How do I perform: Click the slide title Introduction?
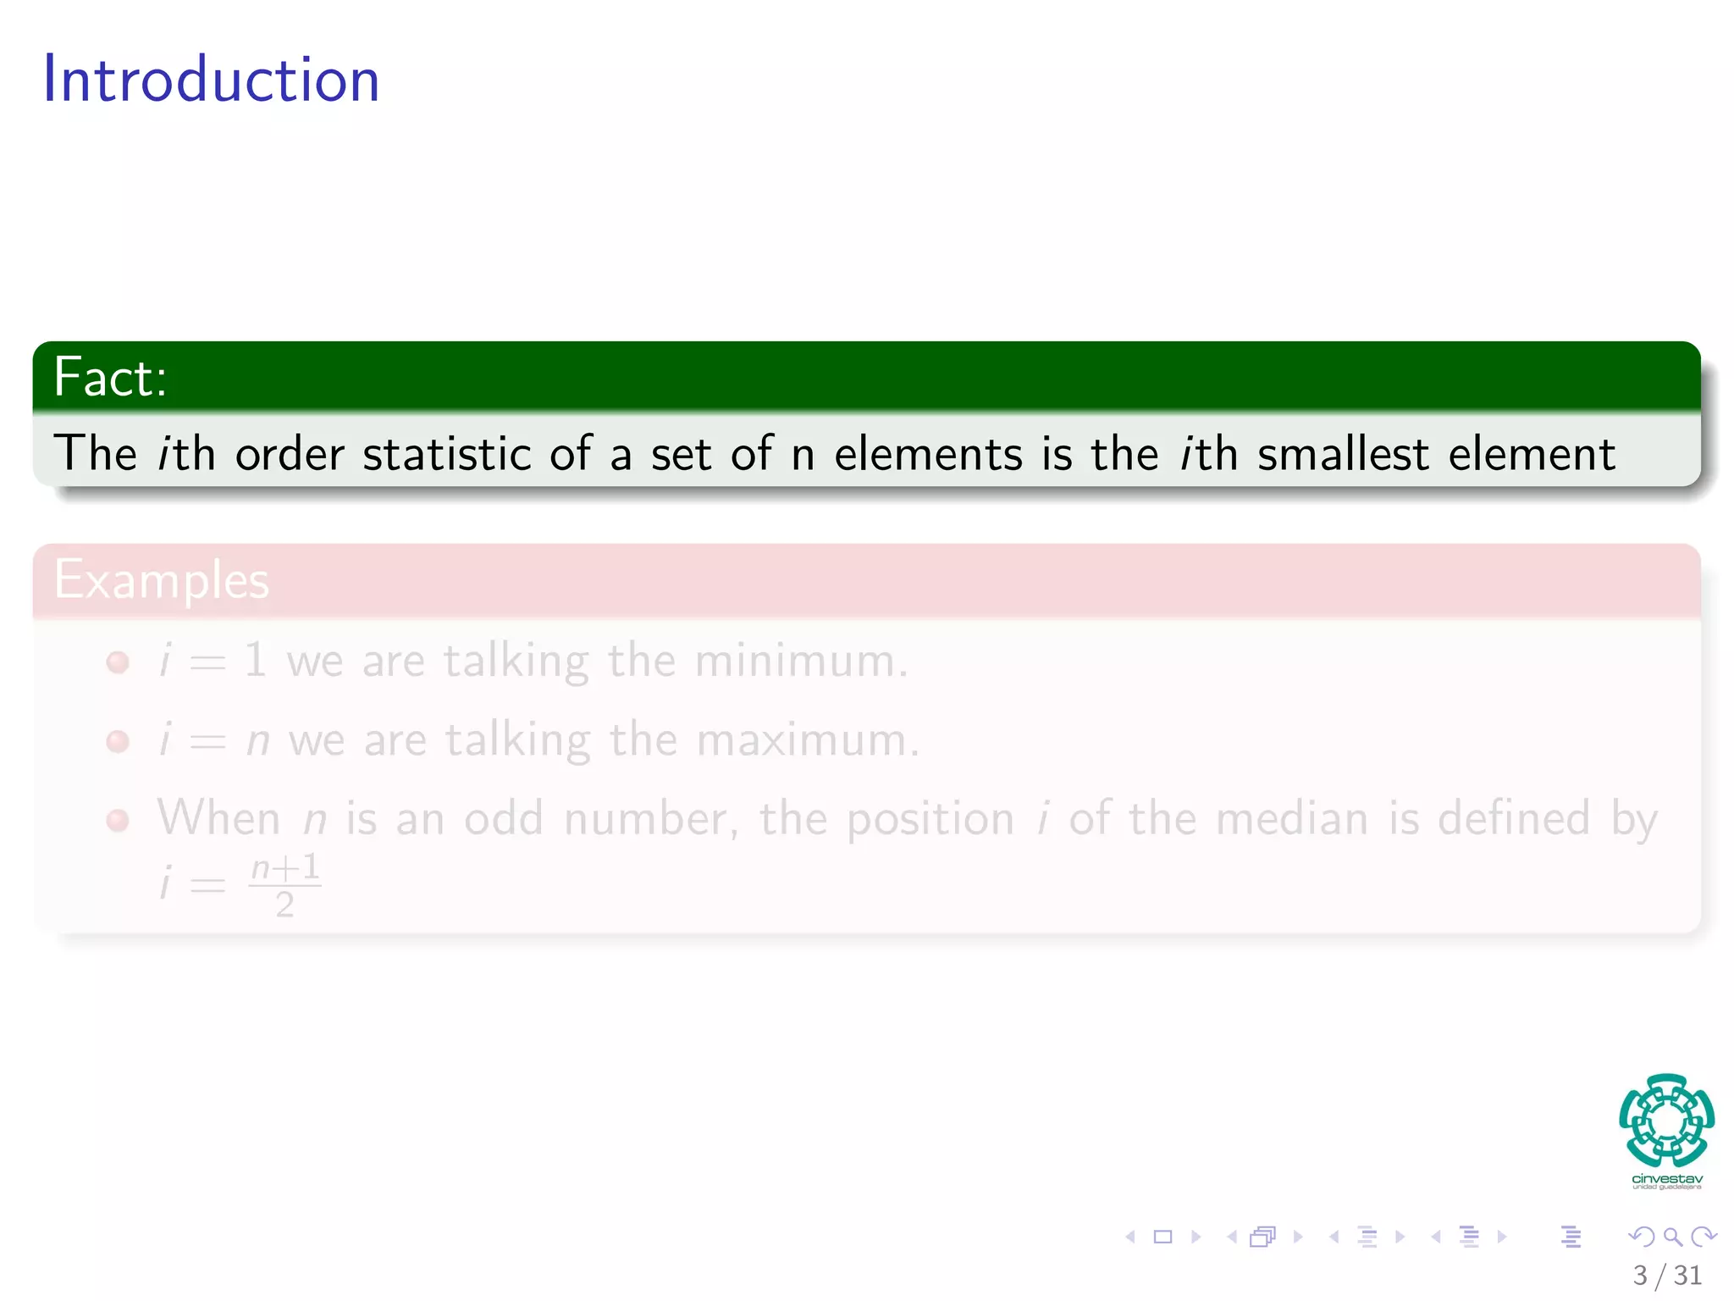(x=211, y=80)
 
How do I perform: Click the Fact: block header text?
(x=110, y=377)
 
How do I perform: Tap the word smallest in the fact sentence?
(x=1343, y=454)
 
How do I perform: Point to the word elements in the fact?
(x=929, y=454)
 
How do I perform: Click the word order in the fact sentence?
(x=290, y=454)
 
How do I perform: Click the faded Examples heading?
(x=161, y=581)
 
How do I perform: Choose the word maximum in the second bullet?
(x=807, y=740)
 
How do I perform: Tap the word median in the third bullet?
(x=1292, y=819)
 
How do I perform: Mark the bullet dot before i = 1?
(x=118, y=662)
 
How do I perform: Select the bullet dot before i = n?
(x=118, y=741)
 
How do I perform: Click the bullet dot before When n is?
(x=118, y=820)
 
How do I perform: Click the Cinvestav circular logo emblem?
(x=1666, y=1120)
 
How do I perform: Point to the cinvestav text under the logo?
(x=1666, y=1179)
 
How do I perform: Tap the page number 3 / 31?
(x=1666, y=1275)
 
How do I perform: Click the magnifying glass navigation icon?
(x=1672, y=1237)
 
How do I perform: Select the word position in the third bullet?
(x=930, y=819)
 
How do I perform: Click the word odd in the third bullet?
(x=503, y=819)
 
